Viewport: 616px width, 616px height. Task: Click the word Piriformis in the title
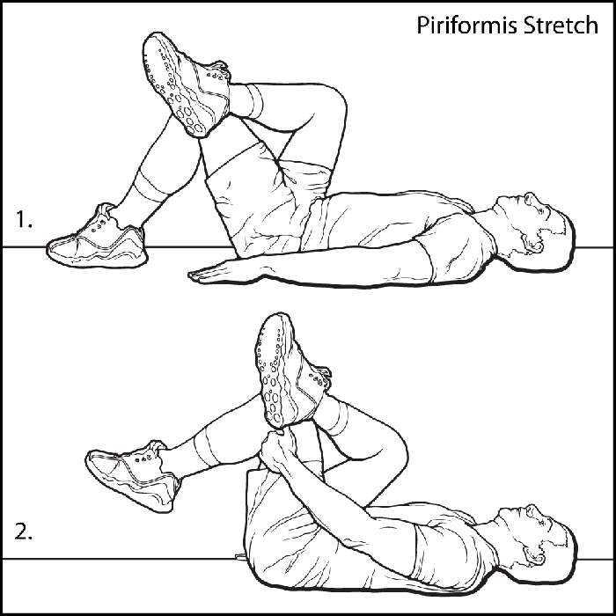pos(468,26)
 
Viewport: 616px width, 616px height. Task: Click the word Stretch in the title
pos(561,26)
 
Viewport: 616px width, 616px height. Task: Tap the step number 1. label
pos(24,219)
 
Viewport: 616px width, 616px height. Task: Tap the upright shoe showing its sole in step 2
pos(290,371)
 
